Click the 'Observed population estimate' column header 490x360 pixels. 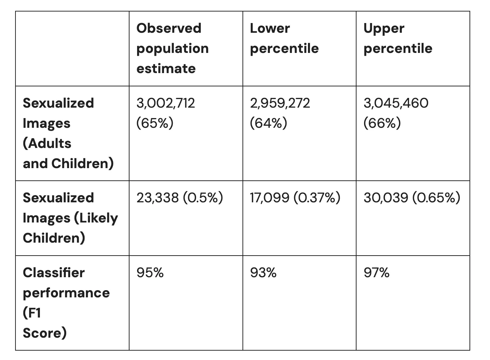tap(172, 48)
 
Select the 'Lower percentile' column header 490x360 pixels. tap(284, 38)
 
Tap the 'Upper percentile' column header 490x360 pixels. tap(398, 38)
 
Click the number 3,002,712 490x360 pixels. tap(165, 103)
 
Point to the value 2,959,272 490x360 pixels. tap(280, 103)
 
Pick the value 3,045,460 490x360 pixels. tap(396, 103)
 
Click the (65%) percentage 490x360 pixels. tap(155, 123)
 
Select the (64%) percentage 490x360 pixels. tap(268, 123)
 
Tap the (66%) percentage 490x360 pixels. tap(382, 123)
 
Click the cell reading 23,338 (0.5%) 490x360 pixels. tap(180, 198)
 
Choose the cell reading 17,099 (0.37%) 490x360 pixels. tap(295, 198)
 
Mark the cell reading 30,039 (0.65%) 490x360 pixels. tap(412, 198)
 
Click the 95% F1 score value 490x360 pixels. tap(150, 273)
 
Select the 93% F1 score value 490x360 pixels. tap(263, 273)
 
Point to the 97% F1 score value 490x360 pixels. tap(376, 273)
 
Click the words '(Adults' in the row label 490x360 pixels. tap(47, 143)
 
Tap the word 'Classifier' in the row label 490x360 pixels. tap(54, 273)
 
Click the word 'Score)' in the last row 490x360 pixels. tap(45, 333)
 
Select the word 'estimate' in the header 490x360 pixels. tap(166, 68)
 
